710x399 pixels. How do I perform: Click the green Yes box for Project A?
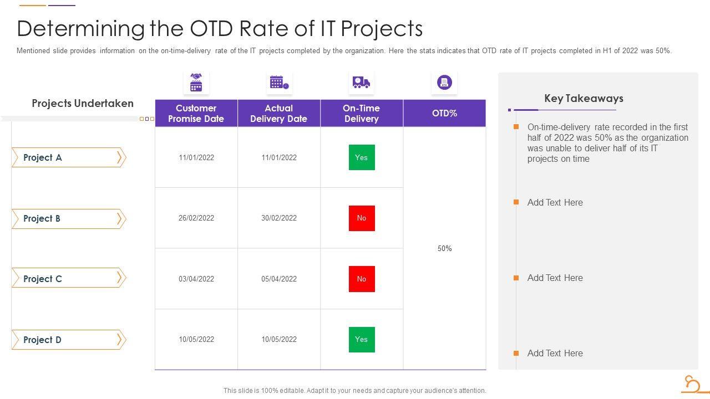pyautogui.click(x=362, y=157)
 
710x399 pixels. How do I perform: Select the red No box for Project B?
pyautogui.click(x=362, y=218)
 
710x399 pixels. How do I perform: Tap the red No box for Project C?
pyautogui.click(x=362, y=279)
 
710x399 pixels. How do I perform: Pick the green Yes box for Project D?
pyautogui.click(x=362, y=339)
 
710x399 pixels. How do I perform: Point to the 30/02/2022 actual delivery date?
pyautogui.click(x=279, y=218)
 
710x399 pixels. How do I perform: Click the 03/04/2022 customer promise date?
pyautogui.click(x=196, y=279)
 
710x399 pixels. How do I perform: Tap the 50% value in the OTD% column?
pyautogui.click(x=445, y=249)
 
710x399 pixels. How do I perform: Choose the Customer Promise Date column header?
pyautogui.click(x=196, y=114)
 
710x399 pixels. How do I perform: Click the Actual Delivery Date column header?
pyautogui.click(x=279, y=114)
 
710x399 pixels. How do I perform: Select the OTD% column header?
pyautogui.click(x=445, y=113)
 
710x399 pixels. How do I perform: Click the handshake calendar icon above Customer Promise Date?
pyautogui.click(x=196, y=83)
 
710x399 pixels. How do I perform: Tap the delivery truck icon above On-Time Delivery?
pyautogui.click(x=361, y=83)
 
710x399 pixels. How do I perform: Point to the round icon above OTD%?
pyautogui.click(x=444, y=83)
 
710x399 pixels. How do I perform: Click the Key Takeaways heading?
pyautogui.click(x=584, y=99)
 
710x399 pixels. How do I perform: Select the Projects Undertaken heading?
pyautogui.click(x=83, y=104)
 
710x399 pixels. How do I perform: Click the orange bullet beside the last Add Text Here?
pyautogui.click(x=516, y=353)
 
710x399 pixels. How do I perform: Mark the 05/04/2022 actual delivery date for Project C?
pyautogui.click(x=279, y=279)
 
